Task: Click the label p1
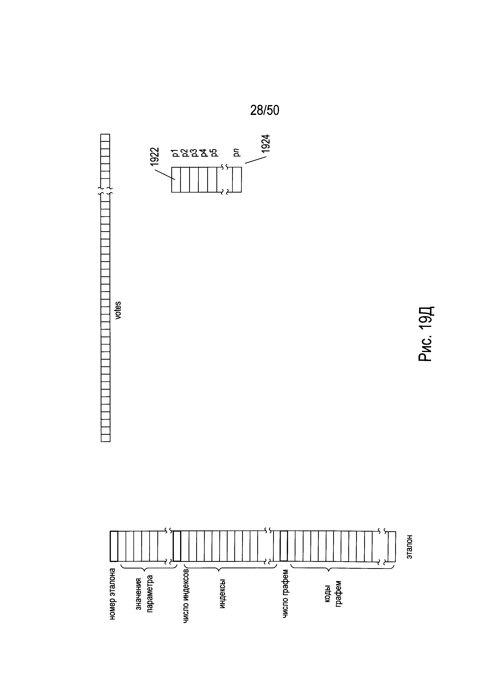pyautogui.click(x=176, y=153)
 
